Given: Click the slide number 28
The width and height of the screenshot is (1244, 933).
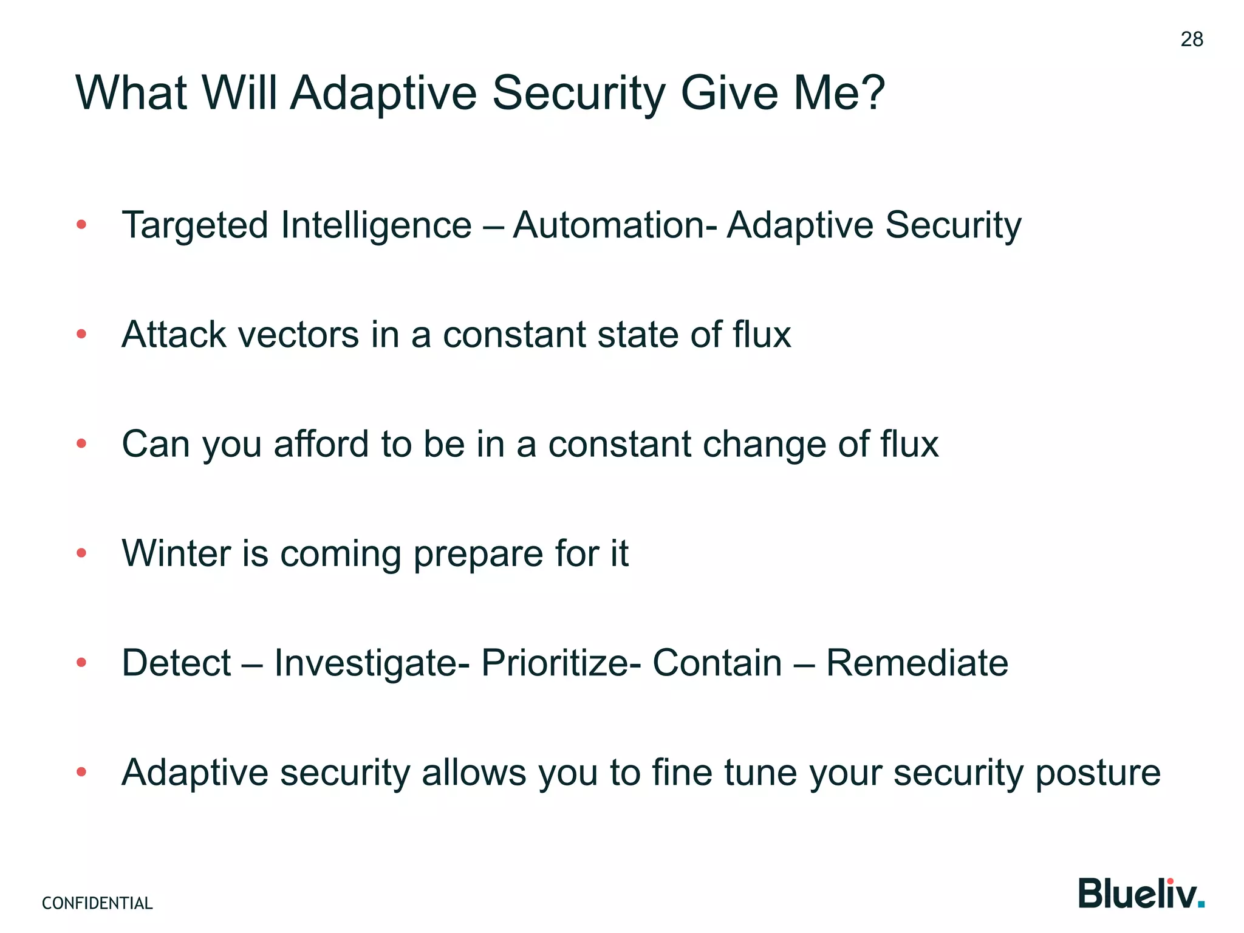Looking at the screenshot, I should pos(1192,39).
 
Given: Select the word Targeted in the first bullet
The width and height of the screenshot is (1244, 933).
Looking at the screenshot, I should pos(194,226).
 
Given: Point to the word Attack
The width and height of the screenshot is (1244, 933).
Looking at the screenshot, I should pos(174,335).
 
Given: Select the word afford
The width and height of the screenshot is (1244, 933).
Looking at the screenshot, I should pos(321,444).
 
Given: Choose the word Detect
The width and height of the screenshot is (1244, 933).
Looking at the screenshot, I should pos(176,663).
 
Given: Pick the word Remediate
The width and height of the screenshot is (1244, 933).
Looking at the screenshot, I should pos(917,663).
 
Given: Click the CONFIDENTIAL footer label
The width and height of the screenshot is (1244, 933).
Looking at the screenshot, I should pos(97,903).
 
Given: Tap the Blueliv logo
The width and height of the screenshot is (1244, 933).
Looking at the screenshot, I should pos(1141,894).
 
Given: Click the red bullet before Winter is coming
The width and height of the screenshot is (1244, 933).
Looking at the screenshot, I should pos(81,553).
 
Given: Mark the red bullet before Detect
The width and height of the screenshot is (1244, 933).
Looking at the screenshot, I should pos(81,663).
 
